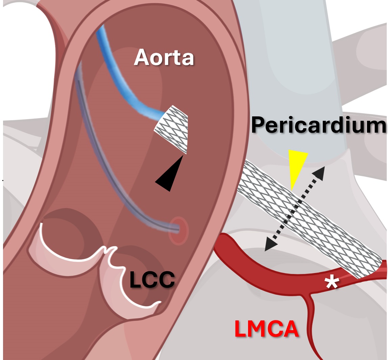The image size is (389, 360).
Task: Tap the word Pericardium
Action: [x=319, y=126]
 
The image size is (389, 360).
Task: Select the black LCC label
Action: [x=152, y=280]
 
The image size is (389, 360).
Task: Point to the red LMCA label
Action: [x=267, y=329]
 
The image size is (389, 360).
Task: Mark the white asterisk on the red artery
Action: [x=332, y=282]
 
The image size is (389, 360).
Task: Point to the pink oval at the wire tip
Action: [x=178, y=230]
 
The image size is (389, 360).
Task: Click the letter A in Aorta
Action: [x=142, y=58]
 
